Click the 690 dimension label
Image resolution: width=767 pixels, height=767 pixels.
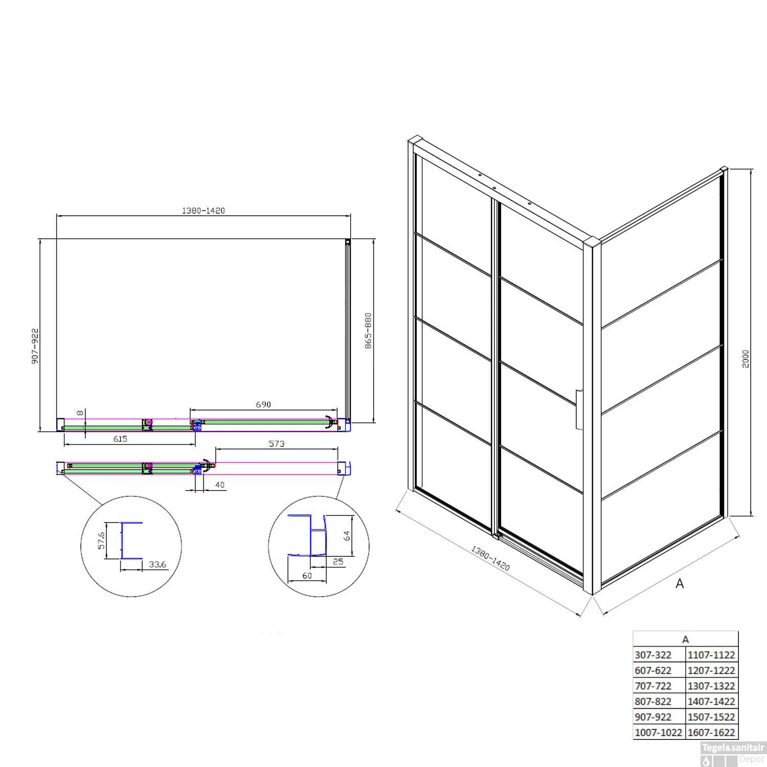tap(263, 404)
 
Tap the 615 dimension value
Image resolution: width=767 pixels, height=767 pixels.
tap(120, 439)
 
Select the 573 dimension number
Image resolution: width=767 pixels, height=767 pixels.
tap(276, 444)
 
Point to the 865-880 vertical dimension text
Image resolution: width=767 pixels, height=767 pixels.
tap(368, 331)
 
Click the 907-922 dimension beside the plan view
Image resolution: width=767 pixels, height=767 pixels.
tap(35, 346)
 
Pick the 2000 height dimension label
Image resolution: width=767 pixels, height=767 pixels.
tap(746, 358)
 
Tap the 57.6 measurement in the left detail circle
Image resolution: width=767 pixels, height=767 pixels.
tap(101, 540)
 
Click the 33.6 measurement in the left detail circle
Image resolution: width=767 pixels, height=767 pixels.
tap(157, 565)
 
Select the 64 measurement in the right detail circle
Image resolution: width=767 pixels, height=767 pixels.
tap(347, 535)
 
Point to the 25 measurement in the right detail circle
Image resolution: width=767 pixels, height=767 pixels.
tap(338, 562)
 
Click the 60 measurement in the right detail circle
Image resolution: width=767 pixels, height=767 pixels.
tap(307, 576)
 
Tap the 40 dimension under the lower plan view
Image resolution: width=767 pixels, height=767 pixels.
tap(220, 485)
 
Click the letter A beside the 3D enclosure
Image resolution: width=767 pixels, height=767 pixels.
tap(680, 583)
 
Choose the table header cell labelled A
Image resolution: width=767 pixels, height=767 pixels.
tap(686, 639)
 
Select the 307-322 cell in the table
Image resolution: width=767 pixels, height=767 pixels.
tap(659, 655)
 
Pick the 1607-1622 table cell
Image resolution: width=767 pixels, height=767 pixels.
tap(711, 732)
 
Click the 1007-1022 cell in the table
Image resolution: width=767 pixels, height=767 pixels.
tap(659, 732)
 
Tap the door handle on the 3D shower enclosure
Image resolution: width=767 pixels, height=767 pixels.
tap(578, 410)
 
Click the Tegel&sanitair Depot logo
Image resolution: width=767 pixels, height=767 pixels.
tap(733, 754)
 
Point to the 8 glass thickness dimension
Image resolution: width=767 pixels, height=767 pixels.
tap(79, 413)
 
